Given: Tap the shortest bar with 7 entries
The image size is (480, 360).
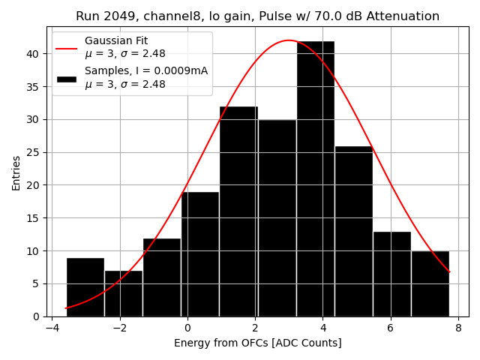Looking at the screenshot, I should [123, 293].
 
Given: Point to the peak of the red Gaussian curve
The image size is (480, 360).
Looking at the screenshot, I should [289, 40].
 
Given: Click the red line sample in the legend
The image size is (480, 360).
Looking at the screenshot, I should [66, 47].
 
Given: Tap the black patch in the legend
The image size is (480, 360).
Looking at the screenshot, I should [66, 78].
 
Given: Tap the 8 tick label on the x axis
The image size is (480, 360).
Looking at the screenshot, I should [458, 328].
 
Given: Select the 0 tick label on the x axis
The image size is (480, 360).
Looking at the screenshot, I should [187, 328].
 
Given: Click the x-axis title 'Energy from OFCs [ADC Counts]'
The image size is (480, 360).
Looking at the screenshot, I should [257, 343].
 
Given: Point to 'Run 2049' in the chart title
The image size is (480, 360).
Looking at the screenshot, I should [101, 16].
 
